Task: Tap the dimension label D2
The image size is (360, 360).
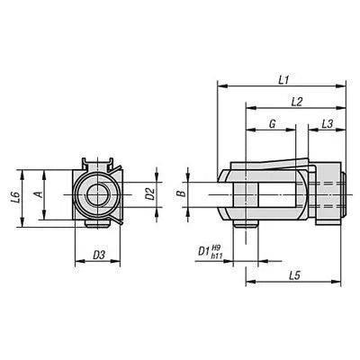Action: click(x=150, y=192)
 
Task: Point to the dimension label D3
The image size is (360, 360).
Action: click(x=101, y=256)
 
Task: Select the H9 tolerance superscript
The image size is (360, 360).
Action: click(x=217, y=247)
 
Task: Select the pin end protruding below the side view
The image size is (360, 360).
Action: click(x=243, y=225)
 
